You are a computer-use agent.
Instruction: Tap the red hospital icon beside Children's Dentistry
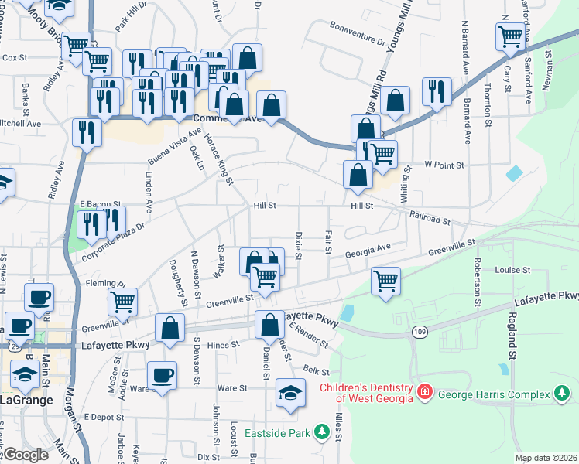tap(424, 393)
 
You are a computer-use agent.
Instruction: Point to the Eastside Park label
tap(276, 433)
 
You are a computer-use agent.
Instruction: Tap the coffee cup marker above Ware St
tap(162, 376)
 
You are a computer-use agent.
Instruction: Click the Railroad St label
tap(430, 217)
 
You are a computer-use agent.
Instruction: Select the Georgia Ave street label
tap(368, 250)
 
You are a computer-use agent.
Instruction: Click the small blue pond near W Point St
tap(514, 173)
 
